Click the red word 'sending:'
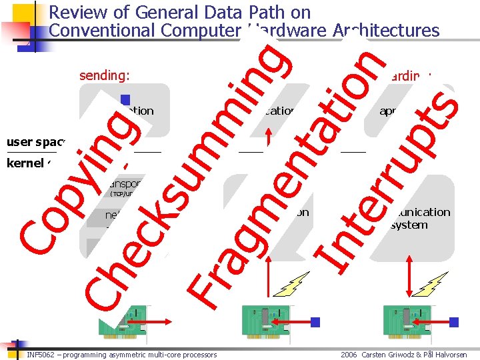click(x=104, y=75)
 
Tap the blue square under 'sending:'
click(x=125, y=100)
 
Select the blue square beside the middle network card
click(x=315, y=322)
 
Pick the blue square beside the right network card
click(x=455, y=322)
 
